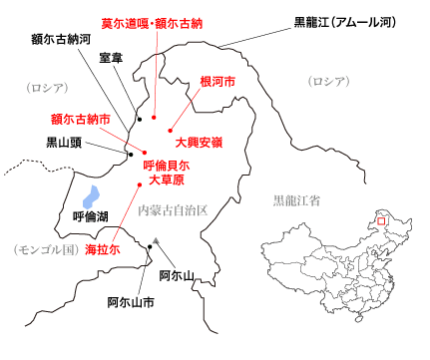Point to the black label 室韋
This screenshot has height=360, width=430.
point(112,57)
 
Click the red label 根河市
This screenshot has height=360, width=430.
point(217,82)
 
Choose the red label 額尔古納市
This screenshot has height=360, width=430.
point(80,118)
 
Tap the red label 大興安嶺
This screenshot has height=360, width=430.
point(199,143)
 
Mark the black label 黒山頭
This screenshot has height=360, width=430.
point(67,143)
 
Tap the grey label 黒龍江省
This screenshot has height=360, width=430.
point(295,200)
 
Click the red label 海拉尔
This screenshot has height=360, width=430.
point(102,250)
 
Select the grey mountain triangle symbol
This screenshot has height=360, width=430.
point(157,240)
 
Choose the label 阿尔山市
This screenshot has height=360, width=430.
point(131,301)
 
